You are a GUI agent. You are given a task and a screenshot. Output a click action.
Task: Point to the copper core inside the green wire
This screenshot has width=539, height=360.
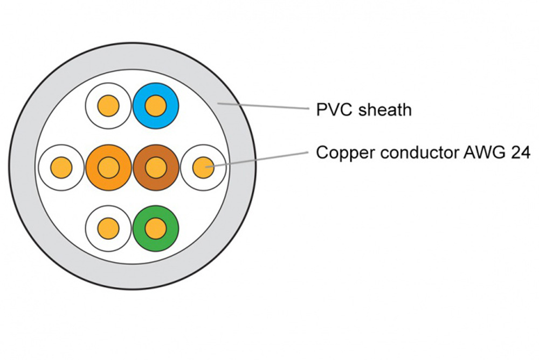pos(155,228)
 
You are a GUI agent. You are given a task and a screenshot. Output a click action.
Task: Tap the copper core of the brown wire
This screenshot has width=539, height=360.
pos(155,167)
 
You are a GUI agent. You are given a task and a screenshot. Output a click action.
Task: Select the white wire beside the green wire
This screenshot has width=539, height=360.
pos(108,228)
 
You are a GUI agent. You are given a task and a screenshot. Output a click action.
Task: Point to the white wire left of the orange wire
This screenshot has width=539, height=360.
pos(62,167)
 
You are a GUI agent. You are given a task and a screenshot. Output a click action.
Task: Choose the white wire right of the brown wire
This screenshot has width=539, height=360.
pos(202,167)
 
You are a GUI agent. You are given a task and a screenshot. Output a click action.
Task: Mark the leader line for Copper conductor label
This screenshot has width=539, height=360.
pos(259,160)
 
